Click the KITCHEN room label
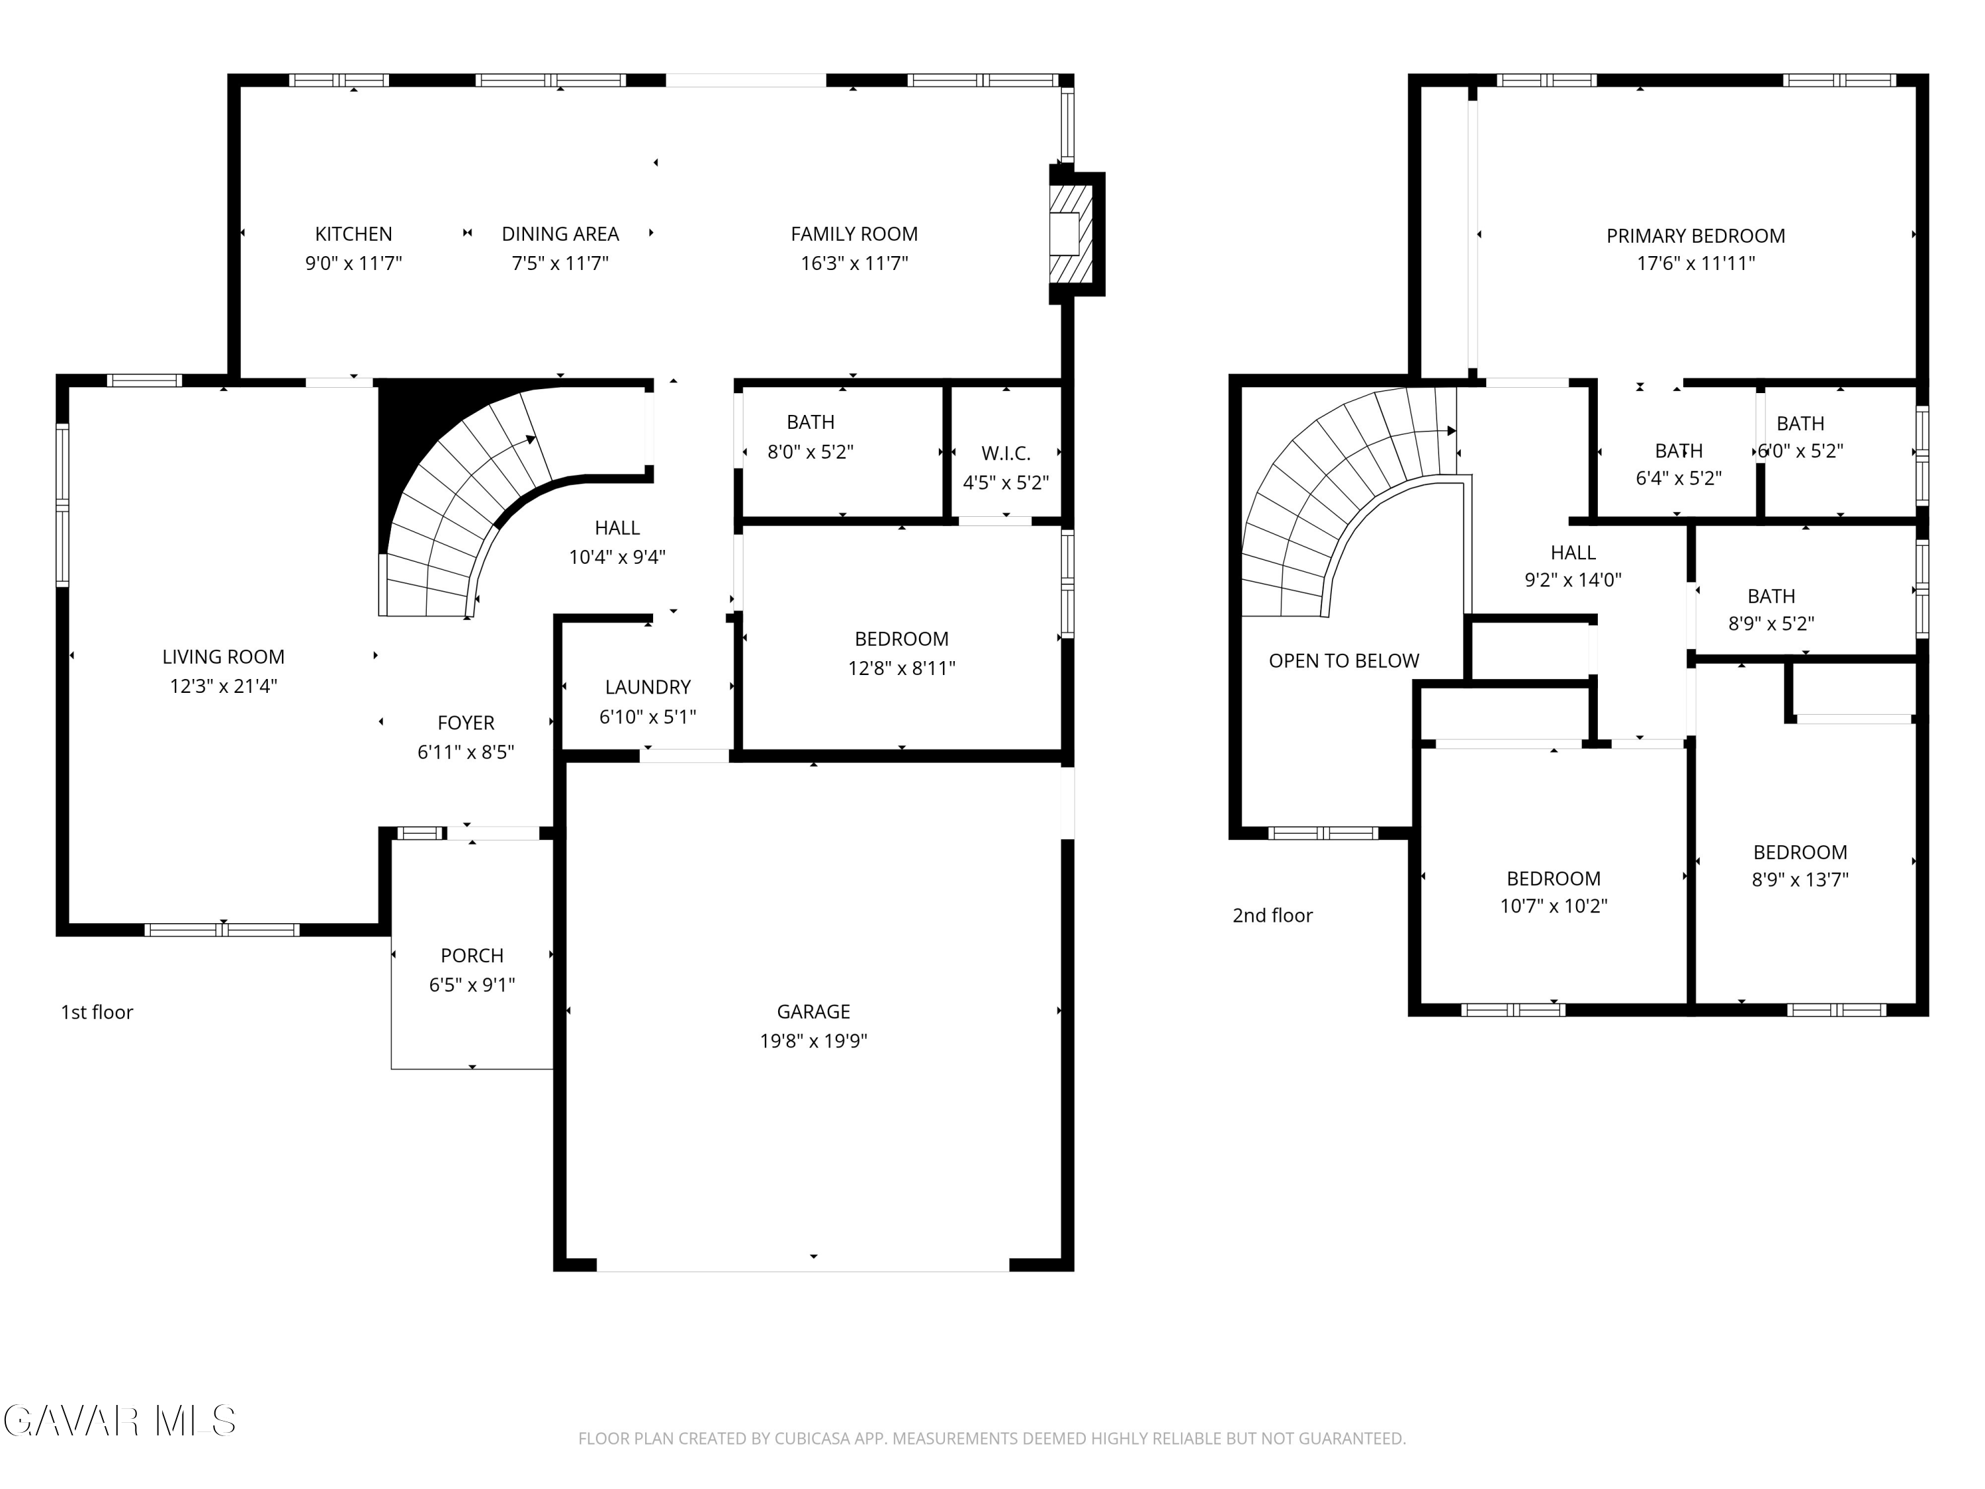click(x=353, y=234)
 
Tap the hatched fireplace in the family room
click(x=1071, y=234)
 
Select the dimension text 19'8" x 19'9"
click(x=813, y=1041)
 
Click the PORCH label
click(x=472, y=956)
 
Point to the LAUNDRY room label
click(x=648, y=688)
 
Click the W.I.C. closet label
click(x=1006, y=454)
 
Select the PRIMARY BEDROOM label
click(x=1695, y=236)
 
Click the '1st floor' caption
click(x=97, y=1013)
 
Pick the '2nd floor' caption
click(x=1272, y=915)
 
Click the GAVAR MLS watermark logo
click(x=119, y=1421)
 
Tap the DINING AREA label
click(x=560, y=234)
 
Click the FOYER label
click(x=466, y=723)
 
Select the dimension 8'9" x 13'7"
click(x=1800, y=880)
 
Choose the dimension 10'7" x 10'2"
click(x=1554, y=907)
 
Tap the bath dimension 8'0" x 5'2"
click(x=811, y=451)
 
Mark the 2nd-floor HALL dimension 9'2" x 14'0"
click(x=1573, y=580)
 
